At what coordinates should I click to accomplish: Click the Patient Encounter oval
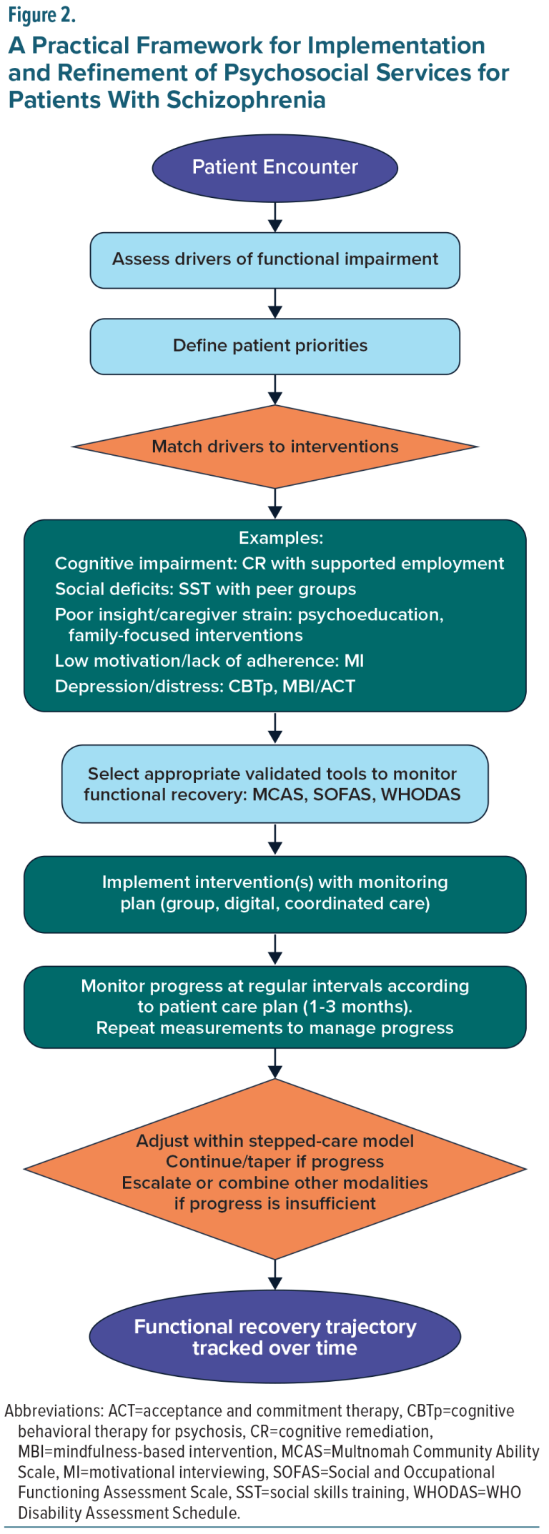pyautogui.click(x=274, y=167)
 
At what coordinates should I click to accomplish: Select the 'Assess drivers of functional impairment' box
pyautogui.click(x=274, y=259)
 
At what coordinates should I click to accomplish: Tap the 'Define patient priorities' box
pyautogui.click(x=274, y=346)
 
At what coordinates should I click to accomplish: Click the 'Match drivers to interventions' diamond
pyautogui.click(x=274, y=447)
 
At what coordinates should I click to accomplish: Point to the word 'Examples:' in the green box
pyautogui.click(x=280, y=538)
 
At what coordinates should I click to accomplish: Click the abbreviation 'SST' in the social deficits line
pyautogui.click(x=194, y=589)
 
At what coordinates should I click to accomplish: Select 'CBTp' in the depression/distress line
pyautogui.click(x=252, y=687)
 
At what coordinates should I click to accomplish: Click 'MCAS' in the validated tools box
pyautogui.click(x=279, y=795)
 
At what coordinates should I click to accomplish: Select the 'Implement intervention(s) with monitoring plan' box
pyautogui.click(x=274, y=893)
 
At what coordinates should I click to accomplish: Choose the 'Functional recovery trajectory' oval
pyautogui.click(x=274, y=1337)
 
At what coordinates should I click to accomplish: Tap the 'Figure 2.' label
pyautogui.click(x=42, y=16)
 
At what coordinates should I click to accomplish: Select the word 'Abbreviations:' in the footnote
pyautogui.click(x=54, y=1411)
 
